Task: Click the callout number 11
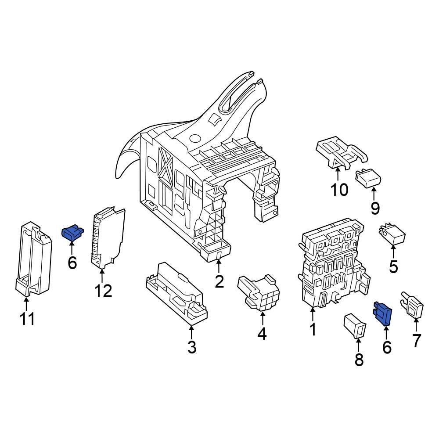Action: (x=27, y=319)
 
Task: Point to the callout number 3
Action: (x=192, y=347)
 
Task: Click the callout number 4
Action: (x=262, y=334)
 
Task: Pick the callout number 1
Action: (x=313, y=329)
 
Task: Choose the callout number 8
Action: (x=359, y=360)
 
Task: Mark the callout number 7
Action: (x=416, y=340)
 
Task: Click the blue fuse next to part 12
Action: (x=72, y=233)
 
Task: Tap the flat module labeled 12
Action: (x=108, y=237)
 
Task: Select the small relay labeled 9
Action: (x=369, y=178)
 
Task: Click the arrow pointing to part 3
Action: (x=191, y=330)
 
